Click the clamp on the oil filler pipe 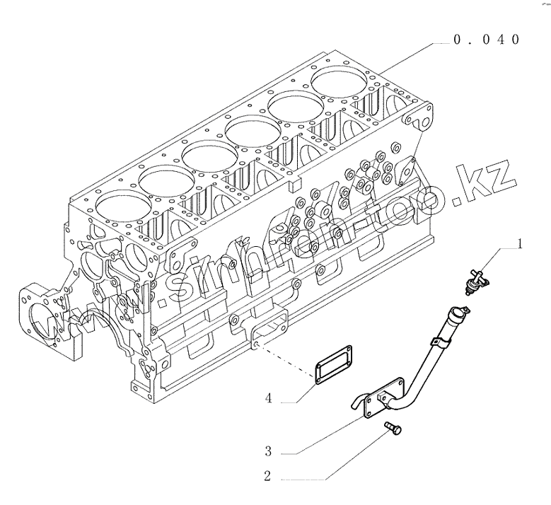coord(440,343)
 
